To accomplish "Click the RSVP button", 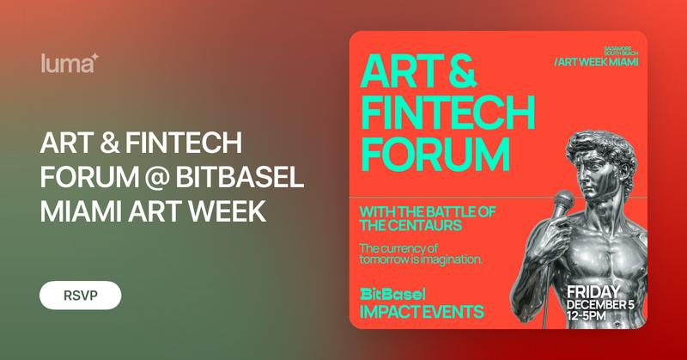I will click(80, 295).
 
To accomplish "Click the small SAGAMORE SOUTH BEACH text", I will click(617, 47).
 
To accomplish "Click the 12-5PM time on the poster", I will click(587, 317).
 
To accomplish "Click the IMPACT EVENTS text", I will click(422, 310).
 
